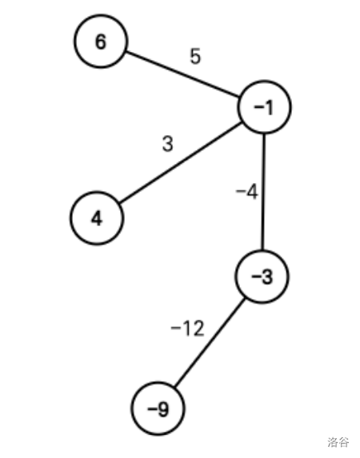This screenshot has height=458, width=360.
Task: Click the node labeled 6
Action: (x=101, y=42)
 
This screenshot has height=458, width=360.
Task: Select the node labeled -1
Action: (x=264, y=107)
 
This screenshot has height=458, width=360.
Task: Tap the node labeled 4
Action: (x=97, y=218)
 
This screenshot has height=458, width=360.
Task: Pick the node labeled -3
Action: (x=262, y=277)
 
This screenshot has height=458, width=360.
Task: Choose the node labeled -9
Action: (x=158, y=408)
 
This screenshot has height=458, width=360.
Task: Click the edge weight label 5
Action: (x=195, y=56)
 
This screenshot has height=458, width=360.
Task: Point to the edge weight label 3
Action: (x=167, y=143)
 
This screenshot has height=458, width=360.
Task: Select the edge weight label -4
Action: (x=247, y=192)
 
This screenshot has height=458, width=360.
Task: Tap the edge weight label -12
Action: (x=187, y=329)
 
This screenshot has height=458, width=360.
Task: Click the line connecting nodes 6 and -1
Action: (x=182, y=74)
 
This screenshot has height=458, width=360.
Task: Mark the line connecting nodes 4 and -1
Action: (x=181, y=162)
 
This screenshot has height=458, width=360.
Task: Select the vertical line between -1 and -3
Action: (x=263, y=192)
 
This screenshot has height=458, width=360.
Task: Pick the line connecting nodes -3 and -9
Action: (x=210, y=343)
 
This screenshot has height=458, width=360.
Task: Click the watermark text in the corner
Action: (x=338, y=442)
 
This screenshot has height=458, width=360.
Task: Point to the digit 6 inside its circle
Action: (x=101, y=42)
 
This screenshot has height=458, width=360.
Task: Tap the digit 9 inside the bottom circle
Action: (x=163, y=409)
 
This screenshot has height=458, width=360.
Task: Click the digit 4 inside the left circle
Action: (x=97, y=218)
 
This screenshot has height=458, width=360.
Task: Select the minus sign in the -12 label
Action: (x=176, y=328)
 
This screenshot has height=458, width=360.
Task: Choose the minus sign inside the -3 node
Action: (x=255, y=276)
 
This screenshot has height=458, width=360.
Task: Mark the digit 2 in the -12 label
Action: (x=198, y=329)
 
